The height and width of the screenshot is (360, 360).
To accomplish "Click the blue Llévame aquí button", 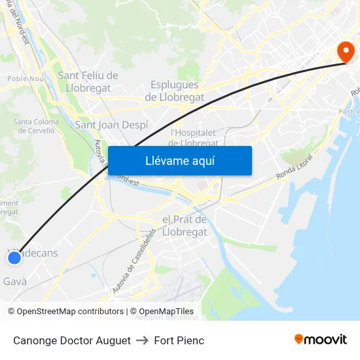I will point(179,161).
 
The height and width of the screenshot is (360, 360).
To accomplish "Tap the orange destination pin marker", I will point(344,52).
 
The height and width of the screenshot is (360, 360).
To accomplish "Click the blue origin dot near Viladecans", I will point(14,259).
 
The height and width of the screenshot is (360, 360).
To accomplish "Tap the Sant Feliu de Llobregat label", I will point(88,82).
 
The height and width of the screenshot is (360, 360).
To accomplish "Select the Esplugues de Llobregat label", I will point(174,91).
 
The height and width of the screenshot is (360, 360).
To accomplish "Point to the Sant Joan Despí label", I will point(112,124).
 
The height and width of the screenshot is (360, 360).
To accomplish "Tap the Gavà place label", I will point(15,281).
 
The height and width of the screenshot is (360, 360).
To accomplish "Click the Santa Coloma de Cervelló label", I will point(36,126).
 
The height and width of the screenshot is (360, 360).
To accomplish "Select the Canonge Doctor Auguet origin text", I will point(71,340).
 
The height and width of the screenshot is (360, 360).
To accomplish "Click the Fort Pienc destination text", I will point(179,340).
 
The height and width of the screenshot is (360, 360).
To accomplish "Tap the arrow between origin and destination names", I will point(143,340).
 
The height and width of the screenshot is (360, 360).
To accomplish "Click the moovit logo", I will point(321,339).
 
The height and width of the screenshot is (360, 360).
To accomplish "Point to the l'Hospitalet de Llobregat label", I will point(194,137).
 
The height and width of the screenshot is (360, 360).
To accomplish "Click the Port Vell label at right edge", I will point(350,112).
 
